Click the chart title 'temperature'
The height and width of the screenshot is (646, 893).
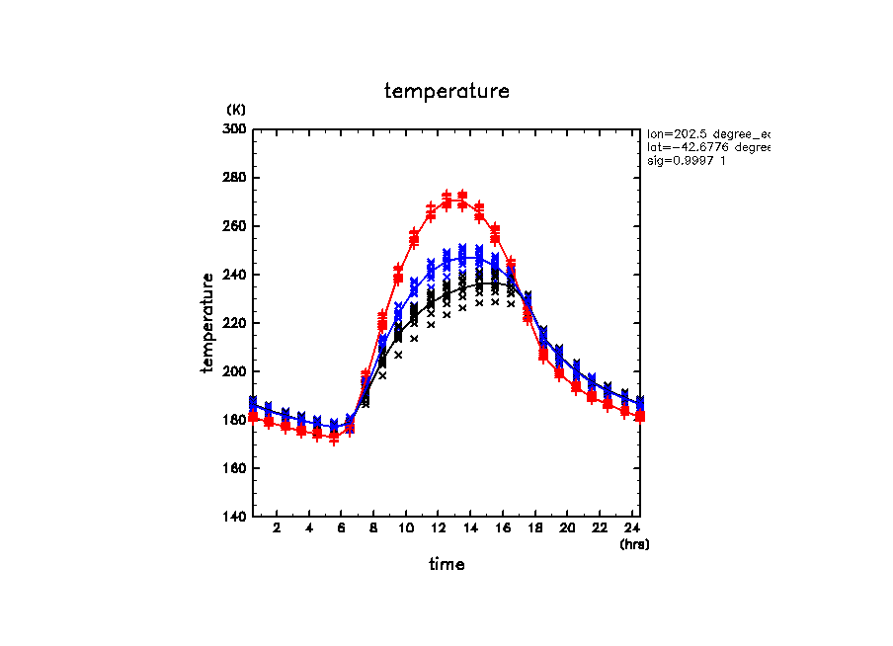pos(446,92)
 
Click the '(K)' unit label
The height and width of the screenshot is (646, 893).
pos(236,109)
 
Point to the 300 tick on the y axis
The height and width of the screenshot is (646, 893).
pos(236,129)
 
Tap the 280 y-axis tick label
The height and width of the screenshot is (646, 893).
pos(236,178)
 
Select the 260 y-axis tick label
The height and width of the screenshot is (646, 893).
pos(236,226)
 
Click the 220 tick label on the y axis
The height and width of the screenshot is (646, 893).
pos(236,323)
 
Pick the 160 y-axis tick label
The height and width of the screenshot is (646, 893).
pos(236,468)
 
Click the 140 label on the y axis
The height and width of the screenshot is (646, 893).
pos(236,517)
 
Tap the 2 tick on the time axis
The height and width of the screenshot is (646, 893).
pos(277,529)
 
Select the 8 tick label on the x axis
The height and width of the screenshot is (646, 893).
pos(373,529)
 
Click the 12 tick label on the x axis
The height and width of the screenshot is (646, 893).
pos(438,529)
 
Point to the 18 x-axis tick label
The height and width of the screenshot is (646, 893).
pos(534,529)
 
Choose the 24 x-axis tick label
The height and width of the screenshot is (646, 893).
pos(631,529)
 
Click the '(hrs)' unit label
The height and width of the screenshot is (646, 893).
pos(634,544)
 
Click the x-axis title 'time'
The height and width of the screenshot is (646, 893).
pos(446,565)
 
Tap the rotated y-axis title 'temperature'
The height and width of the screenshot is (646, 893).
pos(208,323)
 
